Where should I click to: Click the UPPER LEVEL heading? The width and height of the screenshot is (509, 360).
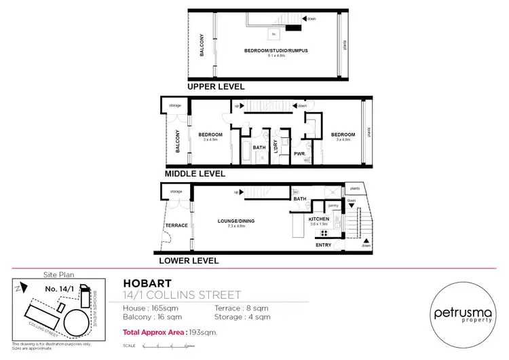point(216,86)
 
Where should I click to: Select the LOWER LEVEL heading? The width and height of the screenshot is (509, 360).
point(189,260)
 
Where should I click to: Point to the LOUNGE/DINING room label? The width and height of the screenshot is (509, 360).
point(237,220)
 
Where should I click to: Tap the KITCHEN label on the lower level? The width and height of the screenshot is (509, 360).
point(318,220)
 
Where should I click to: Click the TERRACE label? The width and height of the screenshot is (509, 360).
point(176,225)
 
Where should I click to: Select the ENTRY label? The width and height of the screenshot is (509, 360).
point(324,245)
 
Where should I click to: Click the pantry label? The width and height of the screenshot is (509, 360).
point(333,204)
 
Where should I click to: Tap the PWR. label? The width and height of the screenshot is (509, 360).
point(299,154)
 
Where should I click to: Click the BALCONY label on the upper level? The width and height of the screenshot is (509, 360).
point(201,46)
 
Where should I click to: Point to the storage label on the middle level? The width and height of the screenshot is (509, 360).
point(174,106)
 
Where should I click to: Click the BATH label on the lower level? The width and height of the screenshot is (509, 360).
point(299,199)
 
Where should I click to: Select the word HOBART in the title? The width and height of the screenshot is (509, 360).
point(147,283)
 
